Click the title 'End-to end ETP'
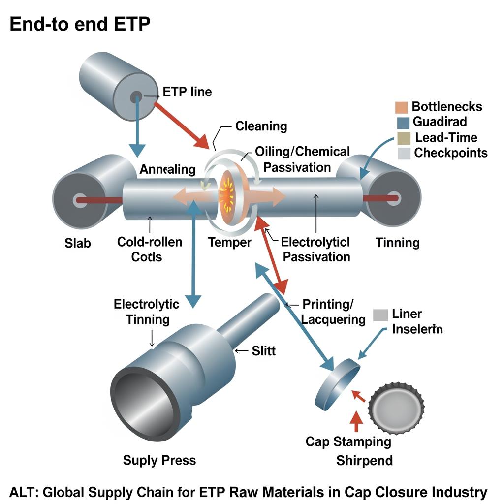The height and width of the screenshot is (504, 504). (80, 25)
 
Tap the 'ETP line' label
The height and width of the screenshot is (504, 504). (187, 92)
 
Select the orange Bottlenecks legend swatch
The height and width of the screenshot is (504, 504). (402, 107)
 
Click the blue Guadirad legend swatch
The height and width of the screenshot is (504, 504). (402, 122)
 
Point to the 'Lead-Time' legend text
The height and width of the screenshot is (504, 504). (446, 137)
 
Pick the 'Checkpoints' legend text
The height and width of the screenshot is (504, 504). (451, 153)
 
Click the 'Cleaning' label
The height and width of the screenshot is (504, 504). (261, 126)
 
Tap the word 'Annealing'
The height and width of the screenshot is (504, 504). (167, 169)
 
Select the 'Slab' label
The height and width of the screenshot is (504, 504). (78, 243)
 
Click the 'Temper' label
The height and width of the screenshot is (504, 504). (229, 242)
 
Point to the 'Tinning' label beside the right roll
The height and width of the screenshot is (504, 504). (397, 242)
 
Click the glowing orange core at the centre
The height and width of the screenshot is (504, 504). (228, 191)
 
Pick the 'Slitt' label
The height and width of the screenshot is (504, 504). (264, 350)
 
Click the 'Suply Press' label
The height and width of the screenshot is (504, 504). (159, 460)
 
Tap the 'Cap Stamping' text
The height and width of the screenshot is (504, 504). (348, 441)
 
